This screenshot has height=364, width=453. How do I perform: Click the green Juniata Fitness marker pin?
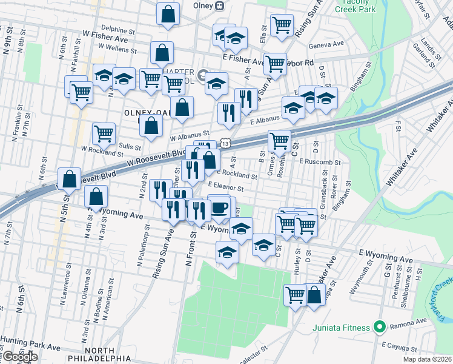coord(380,328)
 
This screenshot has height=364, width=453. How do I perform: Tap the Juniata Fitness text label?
coord(341,328)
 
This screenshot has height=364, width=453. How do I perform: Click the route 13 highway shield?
coord(225,144)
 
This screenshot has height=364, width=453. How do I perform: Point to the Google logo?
coord(20,357)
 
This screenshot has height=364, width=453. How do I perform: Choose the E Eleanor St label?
coord(230,188)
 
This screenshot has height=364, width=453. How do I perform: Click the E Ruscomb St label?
coord(320,162)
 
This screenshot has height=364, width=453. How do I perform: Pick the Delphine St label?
coord(118,29)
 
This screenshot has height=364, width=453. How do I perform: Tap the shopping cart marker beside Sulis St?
coord(104,133)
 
